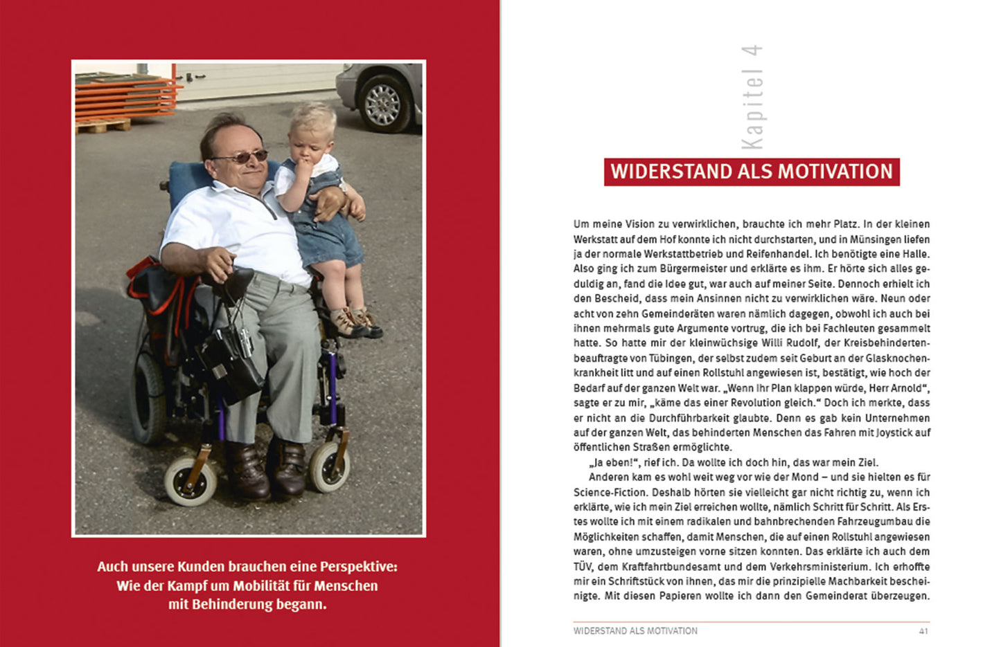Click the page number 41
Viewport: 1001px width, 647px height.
[923, 631]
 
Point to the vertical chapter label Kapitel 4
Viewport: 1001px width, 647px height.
[752, 97]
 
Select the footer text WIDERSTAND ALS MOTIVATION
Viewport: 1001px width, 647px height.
[635, 631]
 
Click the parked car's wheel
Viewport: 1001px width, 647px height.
[383, 103]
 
